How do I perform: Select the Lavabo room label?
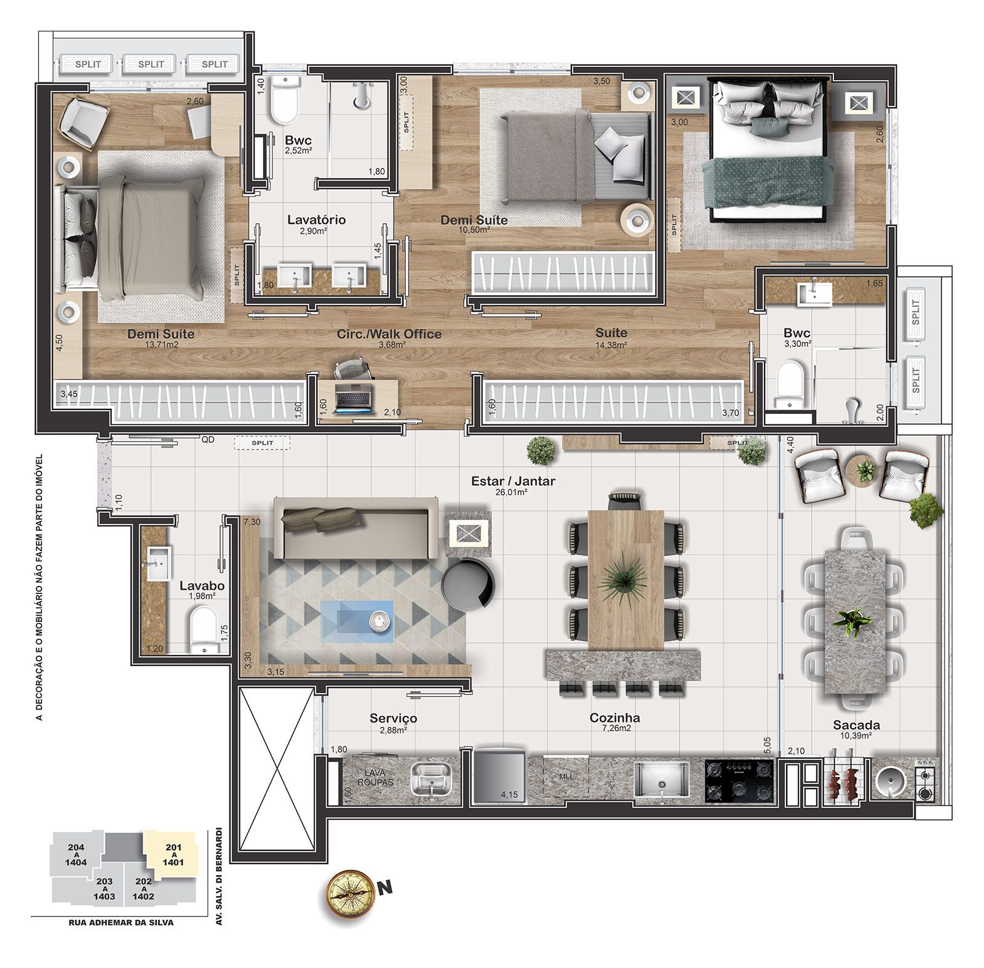point(202,586)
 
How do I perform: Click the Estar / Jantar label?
point(513,482)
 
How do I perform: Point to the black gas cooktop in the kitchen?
point(739,781)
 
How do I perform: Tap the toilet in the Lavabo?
point(204,629)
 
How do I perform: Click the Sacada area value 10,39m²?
point(856,736)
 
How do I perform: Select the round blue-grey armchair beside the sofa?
point(467,585)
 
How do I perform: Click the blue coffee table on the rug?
point(357,622)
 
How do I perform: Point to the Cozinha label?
point(614,718)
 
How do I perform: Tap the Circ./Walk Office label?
point(389,334)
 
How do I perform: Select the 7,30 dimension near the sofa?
point(252,522)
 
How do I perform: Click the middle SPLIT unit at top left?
point(151,64)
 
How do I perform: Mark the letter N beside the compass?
point(385,887)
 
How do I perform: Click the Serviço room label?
point(393,718)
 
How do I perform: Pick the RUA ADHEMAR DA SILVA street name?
point(121,922)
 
